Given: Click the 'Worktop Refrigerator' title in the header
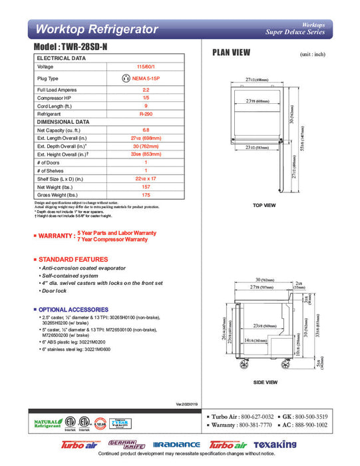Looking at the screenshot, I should coord(96,29).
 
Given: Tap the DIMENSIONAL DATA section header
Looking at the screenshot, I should coord(63,122).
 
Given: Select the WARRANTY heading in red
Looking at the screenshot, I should coord(57,236).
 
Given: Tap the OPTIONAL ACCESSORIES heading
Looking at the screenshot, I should coord(73,310).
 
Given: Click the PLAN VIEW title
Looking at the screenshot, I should coord(231,53).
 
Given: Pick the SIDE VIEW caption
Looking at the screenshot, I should coord(266,383).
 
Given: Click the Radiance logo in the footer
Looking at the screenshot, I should coord(176,445).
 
